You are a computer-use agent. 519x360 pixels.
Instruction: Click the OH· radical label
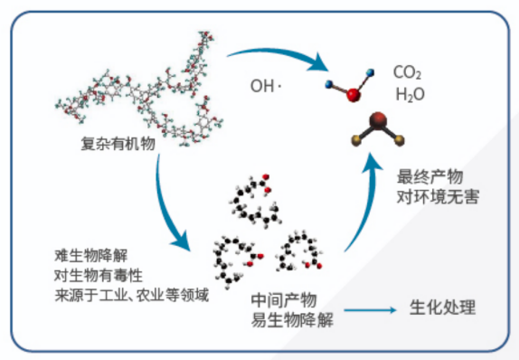[266, 86]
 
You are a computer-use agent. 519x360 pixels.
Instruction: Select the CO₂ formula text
[407, 72]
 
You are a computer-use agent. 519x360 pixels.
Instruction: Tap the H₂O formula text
[410, 94]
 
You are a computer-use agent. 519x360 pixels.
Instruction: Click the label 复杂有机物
[118, 144]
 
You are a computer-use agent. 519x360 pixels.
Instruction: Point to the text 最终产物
[429, 176]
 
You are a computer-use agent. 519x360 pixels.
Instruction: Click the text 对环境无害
[438, 196]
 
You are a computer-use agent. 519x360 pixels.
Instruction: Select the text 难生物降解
[90, 255]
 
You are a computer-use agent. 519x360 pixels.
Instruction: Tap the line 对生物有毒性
[99, 275]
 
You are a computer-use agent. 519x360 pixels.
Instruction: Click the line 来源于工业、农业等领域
[131, 295]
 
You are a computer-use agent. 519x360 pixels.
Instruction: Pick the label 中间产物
[284, 300]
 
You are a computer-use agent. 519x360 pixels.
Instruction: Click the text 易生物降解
[292, 320]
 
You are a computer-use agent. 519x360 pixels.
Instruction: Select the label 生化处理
[442, 308]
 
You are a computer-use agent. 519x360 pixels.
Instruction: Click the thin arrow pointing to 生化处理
[370, 310]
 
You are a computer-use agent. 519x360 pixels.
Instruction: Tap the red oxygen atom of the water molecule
[354, 95]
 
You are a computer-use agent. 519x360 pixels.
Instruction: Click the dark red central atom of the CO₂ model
[378, 118]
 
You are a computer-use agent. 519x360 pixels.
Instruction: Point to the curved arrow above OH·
[279, 53]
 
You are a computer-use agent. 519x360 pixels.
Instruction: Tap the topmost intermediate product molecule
[255, 201]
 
